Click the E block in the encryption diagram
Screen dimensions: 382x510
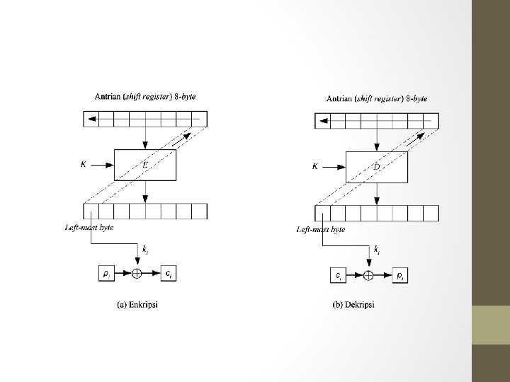(144, 165)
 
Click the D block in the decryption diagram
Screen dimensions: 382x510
(376, 167)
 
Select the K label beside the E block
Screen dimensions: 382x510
(84, 164)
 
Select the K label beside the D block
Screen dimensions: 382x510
(315, 167)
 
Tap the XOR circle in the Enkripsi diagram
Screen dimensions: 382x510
(137, 272)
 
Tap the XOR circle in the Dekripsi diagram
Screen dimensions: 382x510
(368, 274)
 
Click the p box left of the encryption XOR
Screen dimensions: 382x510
(105, 272)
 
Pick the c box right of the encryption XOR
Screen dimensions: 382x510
(169, 272)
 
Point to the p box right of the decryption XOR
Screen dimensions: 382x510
(400, 275)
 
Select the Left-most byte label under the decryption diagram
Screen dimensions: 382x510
(321, 230)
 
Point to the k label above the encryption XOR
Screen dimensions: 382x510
(145, 250)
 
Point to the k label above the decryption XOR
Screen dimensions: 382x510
(376, 251)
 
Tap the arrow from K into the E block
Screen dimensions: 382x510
(103, 165)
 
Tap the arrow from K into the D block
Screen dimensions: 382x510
(335, 167)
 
